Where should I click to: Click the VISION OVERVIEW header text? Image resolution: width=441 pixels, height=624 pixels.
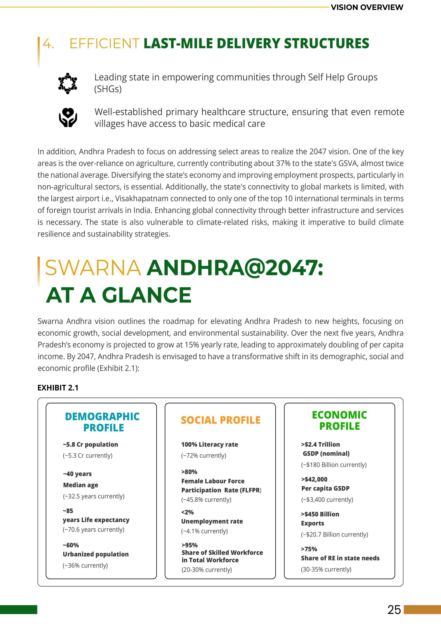(367, 7)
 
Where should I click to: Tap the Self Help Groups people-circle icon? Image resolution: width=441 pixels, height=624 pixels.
(68, 83)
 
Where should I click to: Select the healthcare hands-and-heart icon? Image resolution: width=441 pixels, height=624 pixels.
(68, 117)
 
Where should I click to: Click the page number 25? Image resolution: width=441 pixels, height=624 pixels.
(394, 610)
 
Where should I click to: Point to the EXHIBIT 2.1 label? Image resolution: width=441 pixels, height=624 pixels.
(58, 388)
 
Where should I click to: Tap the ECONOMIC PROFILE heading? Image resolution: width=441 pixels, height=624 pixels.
(339, 420)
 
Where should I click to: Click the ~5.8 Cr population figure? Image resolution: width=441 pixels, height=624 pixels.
(90, 444)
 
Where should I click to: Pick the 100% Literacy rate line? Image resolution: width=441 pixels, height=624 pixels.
(210, 444)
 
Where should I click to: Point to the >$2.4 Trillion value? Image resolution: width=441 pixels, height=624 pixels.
(320, 444)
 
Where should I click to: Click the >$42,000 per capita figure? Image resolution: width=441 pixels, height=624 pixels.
(314, 479)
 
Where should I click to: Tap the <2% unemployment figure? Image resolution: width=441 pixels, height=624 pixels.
(188, 512)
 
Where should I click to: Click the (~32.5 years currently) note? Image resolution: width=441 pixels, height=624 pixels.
(94, 496)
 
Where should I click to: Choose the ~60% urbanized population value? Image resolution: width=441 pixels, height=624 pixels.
(71, 545)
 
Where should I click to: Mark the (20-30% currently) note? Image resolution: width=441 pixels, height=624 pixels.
(207, 570)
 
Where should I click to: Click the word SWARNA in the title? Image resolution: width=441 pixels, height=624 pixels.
(93, 268)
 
